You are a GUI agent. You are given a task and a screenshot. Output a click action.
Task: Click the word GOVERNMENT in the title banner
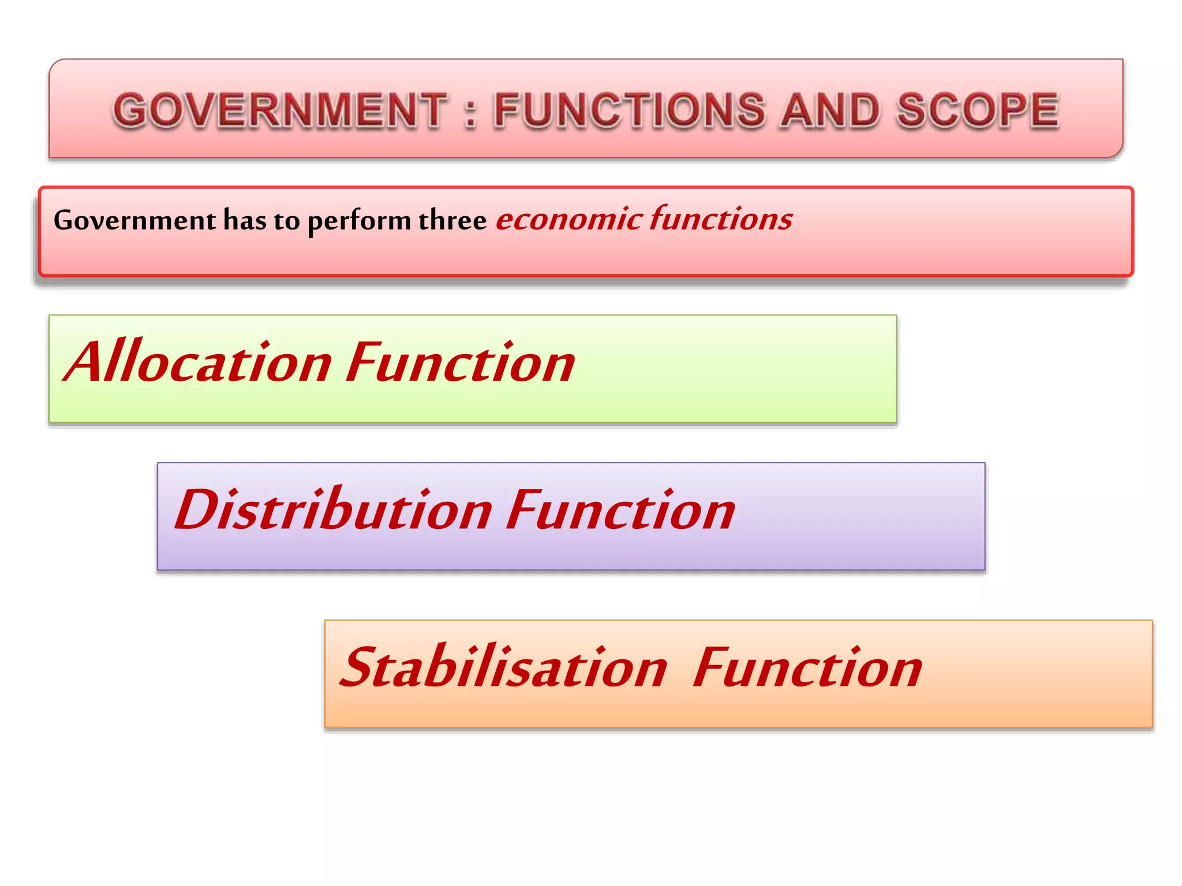(x=280, y=110)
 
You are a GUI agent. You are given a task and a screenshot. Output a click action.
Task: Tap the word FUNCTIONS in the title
(x=630, y=110)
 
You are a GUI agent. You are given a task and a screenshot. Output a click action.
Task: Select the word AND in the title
(x=830, y=110)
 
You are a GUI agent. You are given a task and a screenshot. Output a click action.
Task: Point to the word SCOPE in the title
(x=978, y=110)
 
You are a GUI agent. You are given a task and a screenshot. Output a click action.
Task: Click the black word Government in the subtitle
(x=134, y=220)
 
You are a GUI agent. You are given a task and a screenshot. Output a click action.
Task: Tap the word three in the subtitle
(x=452, y=220)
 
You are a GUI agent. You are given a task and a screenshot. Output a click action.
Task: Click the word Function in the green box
(x=461, y=362)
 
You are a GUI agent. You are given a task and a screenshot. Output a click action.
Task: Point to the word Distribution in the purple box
(x=333, y=510)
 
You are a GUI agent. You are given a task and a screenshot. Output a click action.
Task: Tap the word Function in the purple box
(x=620, y=510)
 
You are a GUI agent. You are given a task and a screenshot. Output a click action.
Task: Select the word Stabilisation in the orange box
(x=504, y=667)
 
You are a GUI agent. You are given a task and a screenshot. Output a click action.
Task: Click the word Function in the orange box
(x=807, y=667)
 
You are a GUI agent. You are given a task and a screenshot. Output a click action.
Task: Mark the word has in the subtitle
(x=244, y=220)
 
